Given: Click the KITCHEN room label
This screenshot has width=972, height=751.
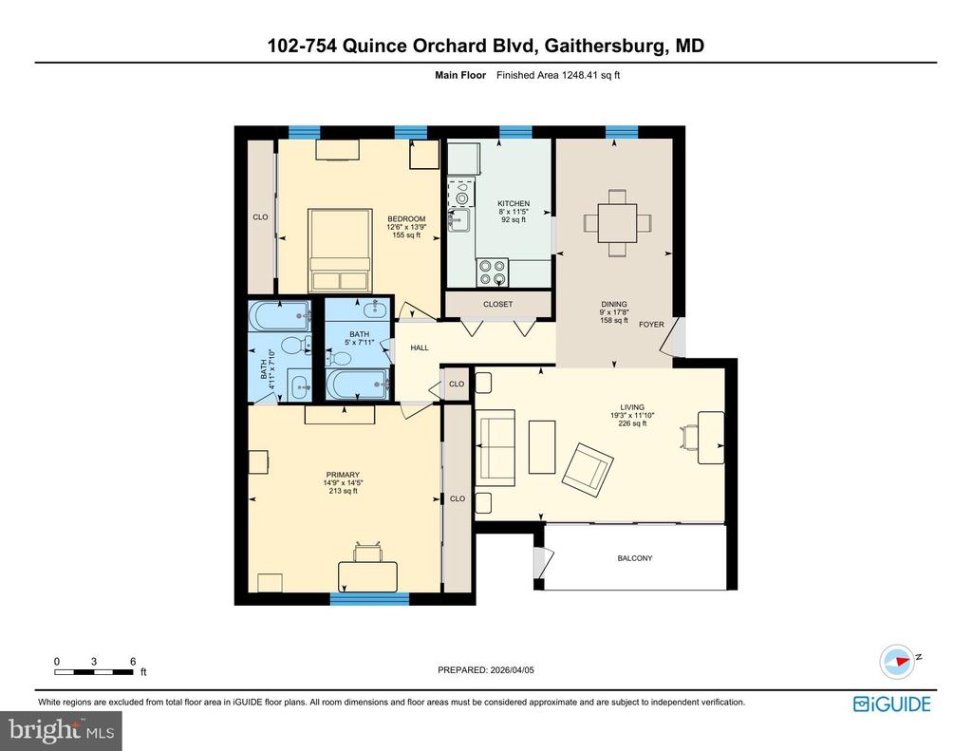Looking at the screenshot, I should tap(514, 203).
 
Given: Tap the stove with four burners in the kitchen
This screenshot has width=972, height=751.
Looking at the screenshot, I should tap(492, 272).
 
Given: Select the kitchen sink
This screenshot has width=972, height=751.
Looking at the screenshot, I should tap(459, 221).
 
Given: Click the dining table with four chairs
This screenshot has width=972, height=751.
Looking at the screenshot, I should tap(618, 223).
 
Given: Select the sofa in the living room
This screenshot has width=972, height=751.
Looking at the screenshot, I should tap(495, 445).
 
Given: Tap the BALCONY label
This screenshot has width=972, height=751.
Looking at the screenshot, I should tap(635, 558).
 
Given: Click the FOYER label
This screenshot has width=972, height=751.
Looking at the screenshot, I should tap(651, 324).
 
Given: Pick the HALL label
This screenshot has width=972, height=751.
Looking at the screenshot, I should tap(420, 348).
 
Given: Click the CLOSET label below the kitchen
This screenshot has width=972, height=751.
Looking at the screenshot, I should tap(497, 305).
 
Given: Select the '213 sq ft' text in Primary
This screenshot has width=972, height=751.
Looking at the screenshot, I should tap(343, 491).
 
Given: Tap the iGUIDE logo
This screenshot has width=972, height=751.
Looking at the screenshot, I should tap(891, 704).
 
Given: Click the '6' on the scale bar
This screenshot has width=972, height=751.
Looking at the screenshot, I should tap(132, 661).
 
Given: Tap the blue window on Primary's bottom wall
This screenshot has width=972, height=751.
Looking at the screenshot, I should tap(369, 598).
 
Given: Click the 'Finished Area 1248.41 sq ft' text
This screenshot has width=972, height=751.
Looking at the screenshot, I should tap(558, 75).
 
